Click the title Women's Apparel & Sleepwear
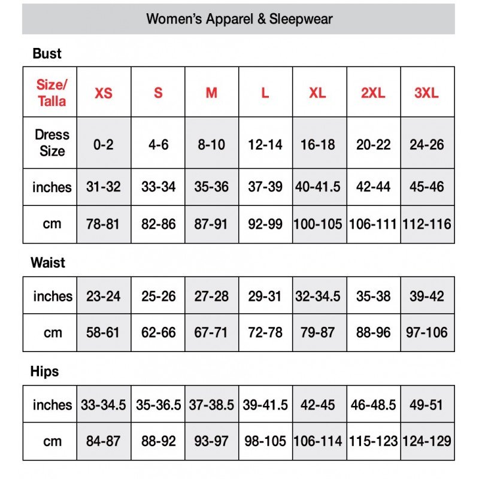(239, 19)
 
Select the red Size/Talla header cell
(51, 92)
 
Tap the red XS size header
(104, 93)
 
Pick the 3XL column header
(426, 93)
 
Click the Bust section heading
(47, 53)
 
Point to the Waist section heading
(47, 262)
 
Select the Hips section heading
(45, 371)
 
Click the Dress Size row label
(51, 143)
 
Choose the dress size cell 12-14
(265, 144)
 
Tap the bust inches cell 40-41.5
(318, 186)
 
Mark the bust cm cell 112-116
(426, 224)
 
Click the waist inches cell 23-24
(103, 296)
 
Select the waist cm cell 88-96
(373, 332)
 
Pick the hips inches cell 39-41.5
(265, 405)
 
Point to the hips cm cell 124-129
(426, 441)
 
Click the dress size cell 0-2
(104, 144)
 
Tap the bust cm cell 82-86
(158, 224)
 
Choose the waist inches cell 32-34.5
(318, 296)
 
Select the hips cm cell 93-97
(211, 441)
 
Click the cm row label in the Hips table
(52, 441)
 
